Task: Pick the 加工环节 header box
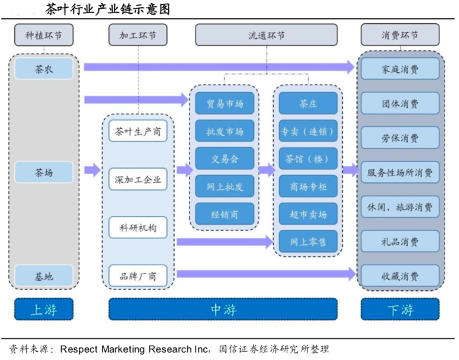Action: pos(138,35)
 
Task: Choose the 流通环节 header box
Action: pos(266,35)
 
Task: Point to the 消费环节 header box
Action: pos(399,35)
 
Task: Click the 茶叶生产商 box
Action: pos(138,132)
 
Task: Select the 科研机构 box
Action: pos(138,227)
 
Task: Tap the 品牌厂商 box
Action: pos(138,275)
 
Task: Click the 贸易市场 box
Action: pos(225,104)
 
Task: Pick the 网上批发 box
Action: pos(225,187)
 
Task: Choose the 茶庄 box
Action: pos(308,104)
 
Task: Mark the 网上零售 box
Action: pos(308,242)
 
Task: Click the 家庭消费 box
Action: pos(399,69)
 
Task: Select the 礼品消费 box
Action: pos(399,242)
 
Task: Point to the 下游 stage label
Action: pos(399,309)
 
